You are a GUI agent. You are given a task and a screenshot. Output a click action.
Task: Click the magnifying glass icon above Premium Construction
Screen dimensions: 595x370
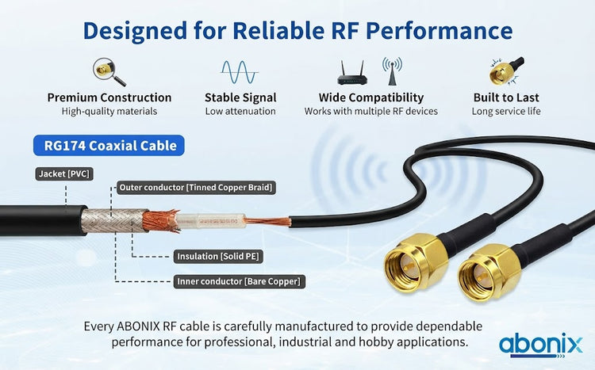point(109,71)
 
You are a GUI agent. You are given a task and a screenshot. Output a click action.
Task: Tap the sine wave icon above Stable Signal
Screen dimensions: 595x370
point(240,71)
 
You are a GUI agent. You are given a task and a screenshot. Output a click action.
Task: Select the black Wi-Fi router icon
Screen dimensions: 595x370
point(352,73)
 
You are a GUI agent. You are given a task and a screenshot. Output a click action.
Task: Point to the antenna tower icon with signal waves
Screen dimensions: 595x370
point(393,71)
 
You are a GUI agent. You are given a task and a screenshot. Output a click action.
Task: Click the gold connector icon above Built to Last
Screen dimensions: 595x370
point(506,71)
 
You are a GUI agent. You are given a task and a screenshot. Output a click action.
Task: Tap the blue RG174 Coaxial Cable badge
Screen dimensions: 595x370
point(109,146)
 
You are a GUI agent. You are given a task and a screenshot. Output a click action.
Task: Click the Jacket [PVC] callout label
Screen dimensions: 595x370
point(64,174)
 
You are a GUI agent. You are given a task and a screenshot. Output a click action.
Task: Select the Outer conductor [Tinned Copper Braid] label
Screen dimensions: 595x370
point(196,188)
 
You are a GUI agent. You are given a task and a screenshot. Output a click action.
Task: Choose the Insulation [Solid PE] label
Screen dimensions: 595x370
point(218,257)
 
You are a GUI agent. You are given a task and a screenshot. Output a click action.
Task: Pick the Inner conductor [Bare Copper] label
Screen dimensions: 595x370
point(239,282)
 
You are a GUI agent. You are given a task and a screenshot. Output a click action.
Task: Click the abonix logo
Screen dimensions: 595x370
point(540,345)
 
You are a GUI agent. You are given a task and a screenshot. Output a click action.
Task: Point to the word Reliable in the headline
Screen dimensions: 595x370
point(278,30)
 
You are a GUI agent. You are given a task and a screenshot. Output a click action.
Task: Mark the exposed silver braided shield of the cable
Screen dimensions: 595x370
point(113,220)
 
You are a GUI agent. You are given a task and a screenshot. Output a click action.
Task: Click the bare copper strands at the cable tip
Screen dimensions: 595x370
point(267,220)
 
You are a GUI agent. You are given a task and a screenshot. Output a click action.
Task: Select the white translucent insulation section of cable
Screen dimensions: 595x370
point(210,221)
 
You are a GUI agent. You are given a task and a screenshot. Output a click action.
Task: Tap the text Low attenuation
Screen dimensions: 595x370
point(240,112)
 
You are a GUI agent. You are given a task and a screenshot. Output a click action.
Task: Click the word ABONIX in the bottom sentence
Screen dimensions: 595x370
point(138,326)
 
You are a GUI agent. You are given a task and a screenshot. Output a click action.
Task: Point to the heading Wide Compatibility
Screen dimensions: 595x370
point(371,97)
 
